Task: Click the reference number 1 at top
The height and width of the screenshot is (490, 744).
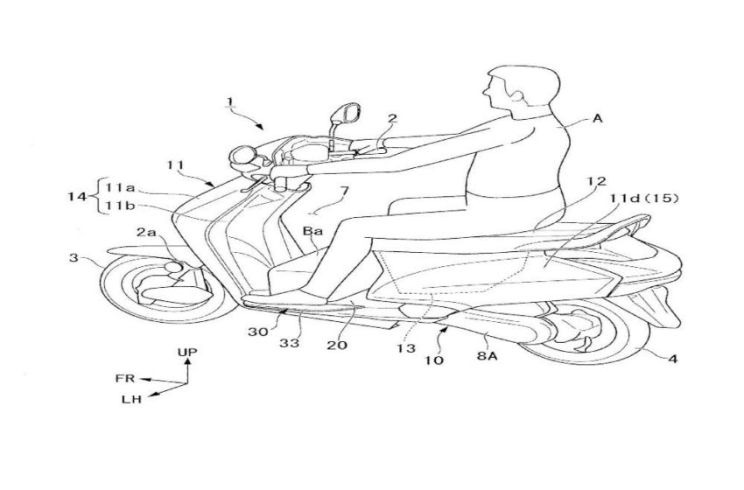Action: coord(229,101)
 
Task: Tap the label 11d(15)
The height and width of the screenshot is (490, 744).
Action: coord(644,199)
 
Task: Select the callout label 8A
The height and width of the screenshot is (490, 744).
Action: coord(488,354)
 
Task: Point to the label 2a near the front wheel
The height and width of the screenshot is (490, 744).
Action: coord(146,233)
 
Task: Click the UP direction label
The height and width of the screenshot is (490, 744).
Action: coord(187,352)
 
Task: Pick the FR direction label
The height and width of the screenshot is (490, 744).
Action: coord(125,379)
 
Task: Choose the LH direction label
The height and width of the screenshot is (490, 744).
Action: coord(131,399)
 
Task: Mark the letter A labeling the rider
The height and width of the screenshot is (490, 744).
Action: coord(597,118)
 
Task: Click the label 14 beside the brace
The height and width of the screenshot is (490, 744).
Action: coord(77,195)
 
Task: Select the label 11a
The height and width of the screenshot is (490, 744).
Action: coord(120,187)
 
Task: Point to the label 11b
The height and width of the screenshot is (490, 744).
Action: coord(120,206)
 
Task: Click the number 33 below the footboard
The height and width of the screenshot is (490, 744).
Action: coord(289,342)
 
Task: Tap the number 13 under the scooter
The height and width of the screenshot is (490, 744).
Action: coord(406,348)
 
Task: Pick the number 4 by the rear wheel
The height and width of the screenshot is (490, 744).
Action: coord(673,359)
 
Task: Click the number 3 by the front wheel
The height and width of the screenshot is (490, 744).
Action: coord(73,257)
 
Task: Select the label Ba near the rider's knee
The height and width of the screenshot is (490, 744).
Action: coord(313,231)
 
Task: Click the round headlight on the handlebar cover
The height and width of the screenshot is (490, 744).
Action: coord(242,155)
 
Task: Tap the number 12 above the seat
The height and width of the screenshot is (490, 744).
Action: coord(596,181)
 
